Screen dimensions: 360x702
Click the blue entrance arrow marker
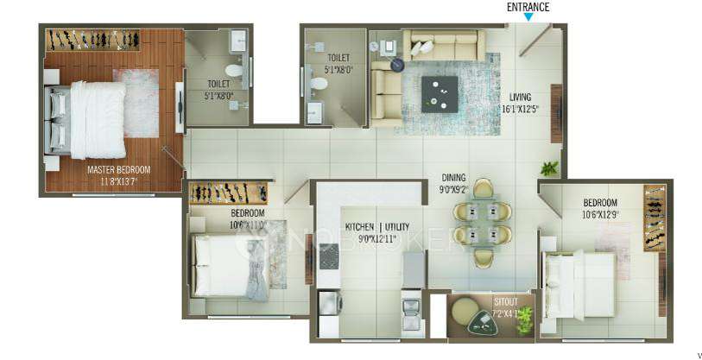(528, 17)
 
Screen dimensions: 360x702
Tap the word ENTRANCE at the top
(528, 7)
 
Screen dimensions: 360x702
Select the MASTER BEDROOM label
(118, 170)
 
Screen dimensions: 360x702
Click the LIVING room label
(520, 97)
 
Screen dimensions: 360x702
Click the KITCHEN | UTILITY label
(377, 226)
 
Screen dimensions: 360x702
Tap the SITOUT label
(506, 302)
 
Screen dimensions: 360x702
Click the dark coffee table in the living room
(440, 92)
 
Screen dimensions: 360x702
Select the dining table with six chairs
(483, 224)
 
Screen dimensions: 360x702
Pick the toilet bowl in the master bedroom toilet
(233, 70)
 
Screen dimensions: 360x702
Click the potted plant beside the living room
(548, 168)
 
